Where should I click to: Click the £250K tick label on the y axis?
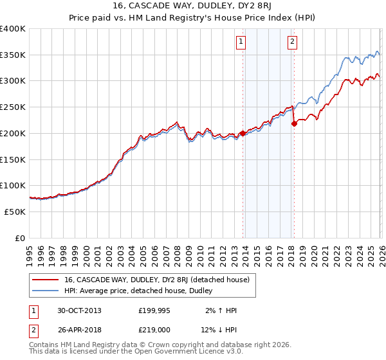point(13,107)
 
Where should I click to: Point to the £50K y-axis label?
point(15,212)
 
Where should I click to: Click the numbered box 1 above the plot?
point(241,42)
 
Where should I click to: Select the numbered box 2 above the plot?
point(292,42)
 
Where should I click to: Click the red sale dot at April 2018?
point(294,123)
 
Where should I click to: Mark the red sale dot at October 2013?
point(243,134)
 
